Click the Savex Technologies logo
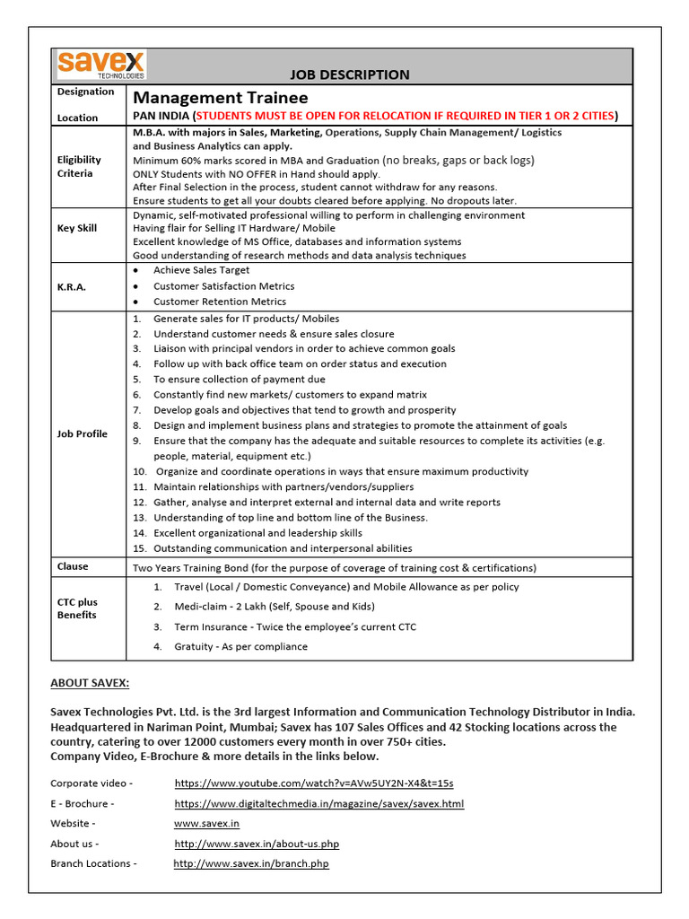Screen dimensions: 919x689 [100, 66]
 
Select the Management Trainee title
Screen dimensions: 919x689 [221, 98]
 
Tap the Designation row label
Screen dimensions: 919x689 [85, 92]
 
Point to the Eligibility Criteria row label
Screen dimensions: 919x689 [80, 166]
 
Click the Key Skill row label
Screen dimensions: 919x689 [77, 229]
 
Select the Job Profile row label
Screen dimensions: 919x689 [83, 433]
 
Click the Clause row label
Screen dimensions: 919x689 [73, 566]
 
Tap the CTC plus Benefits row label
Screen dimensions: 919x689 [78, 608]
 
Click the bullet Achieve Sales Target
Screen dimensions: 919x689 [201, 270]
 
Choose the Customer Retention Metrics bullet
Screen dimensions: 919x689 [220, 302]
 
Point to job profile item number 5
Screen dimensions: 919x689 [239, 380]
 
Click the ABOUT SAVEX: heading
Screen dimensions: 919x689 [90, 684]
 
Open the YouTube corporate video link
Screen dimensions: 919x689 [314, 783]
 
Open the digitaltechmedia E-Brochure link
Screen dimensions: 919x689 [319, 804]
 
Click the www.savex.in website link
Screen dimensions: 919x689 [206, 824]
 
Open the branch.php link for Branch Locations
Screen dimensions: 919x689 [251, 864]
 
